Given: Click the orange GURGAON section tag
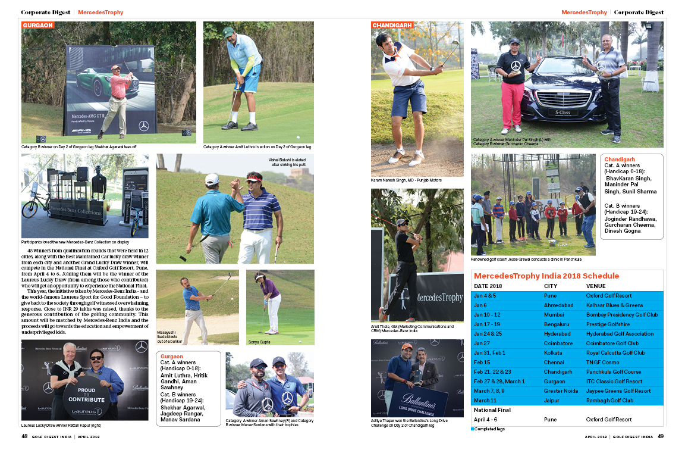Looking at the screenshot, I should click(x=38, y=26).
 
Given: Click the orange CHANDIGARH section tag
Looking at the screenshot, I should click(x=392, y=26).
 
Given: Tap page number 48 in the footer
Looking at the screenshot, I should click(x=24, y=436).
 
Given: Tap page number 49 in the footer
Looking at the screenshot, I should click(x=660, y=436).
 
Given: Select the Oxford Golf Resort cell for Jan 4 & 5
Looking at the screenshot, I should click(x=609, y=296).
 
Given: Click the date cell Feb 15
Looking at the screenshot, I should click(x=482, y=362).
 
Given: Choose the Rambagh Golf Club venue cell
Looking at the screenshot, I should click(x=609, y=401).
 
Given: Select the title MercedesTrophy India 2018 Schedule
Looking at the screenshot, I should click(x=546, y=276).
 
